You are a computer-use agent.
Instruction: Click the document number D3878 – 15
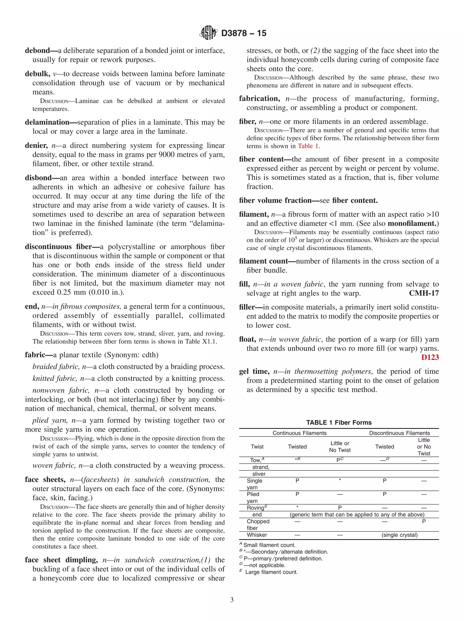244,33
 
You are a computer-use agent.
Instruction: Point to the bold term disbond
38,178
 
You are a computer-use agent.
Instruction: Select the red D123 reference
430,357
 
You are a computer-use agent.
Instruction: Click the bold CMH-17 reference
424,293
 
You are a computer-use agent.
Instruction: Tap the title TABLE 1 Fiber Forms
339,423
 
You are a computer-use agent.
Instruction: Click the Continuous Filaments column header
300,433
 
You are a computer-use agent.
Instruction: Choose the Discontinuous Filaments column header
399,433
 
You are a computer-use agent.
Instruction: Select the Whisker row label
257,535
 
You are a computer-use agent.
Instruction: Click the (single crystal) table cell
399,535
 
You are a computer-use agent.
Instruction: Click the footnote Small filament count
269,545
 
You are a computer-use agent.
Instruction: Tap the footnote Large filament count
271,572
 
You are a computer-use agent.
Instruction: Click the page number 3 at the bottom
232,600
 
